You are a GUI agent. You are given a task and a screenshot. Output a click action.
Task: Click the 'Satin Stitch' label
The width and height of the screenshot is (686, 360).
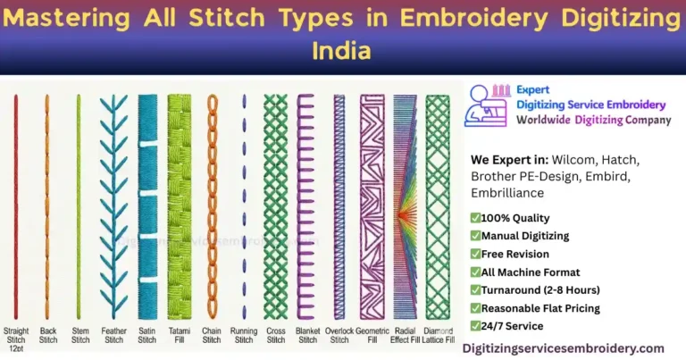(x=146, y=334)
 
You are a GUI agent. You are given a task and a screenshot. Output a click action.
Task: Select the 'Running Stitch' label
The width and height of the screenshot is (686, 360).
(x=244, y=334)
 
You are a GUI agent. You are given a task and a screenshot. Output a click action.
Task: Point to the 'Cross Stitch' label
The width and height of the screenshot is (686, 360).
(x=275, y=334)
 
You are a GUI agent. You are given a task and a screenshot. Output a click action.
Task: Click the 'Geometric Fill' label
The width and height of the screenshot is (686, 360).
(x=372, y=334)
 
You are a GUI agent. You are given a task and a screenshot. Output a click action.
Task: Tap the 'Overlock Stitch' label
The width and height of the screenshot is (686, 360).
(x=339, y=334)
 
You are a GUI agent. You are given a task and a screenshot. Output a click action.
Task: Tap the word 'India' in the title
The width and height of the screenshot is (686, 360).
(x=342, y=51)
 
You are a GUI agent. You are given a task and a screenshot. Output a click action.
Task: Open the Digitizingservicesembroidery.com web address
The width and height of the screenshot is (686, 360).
(x=563, y=348)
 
